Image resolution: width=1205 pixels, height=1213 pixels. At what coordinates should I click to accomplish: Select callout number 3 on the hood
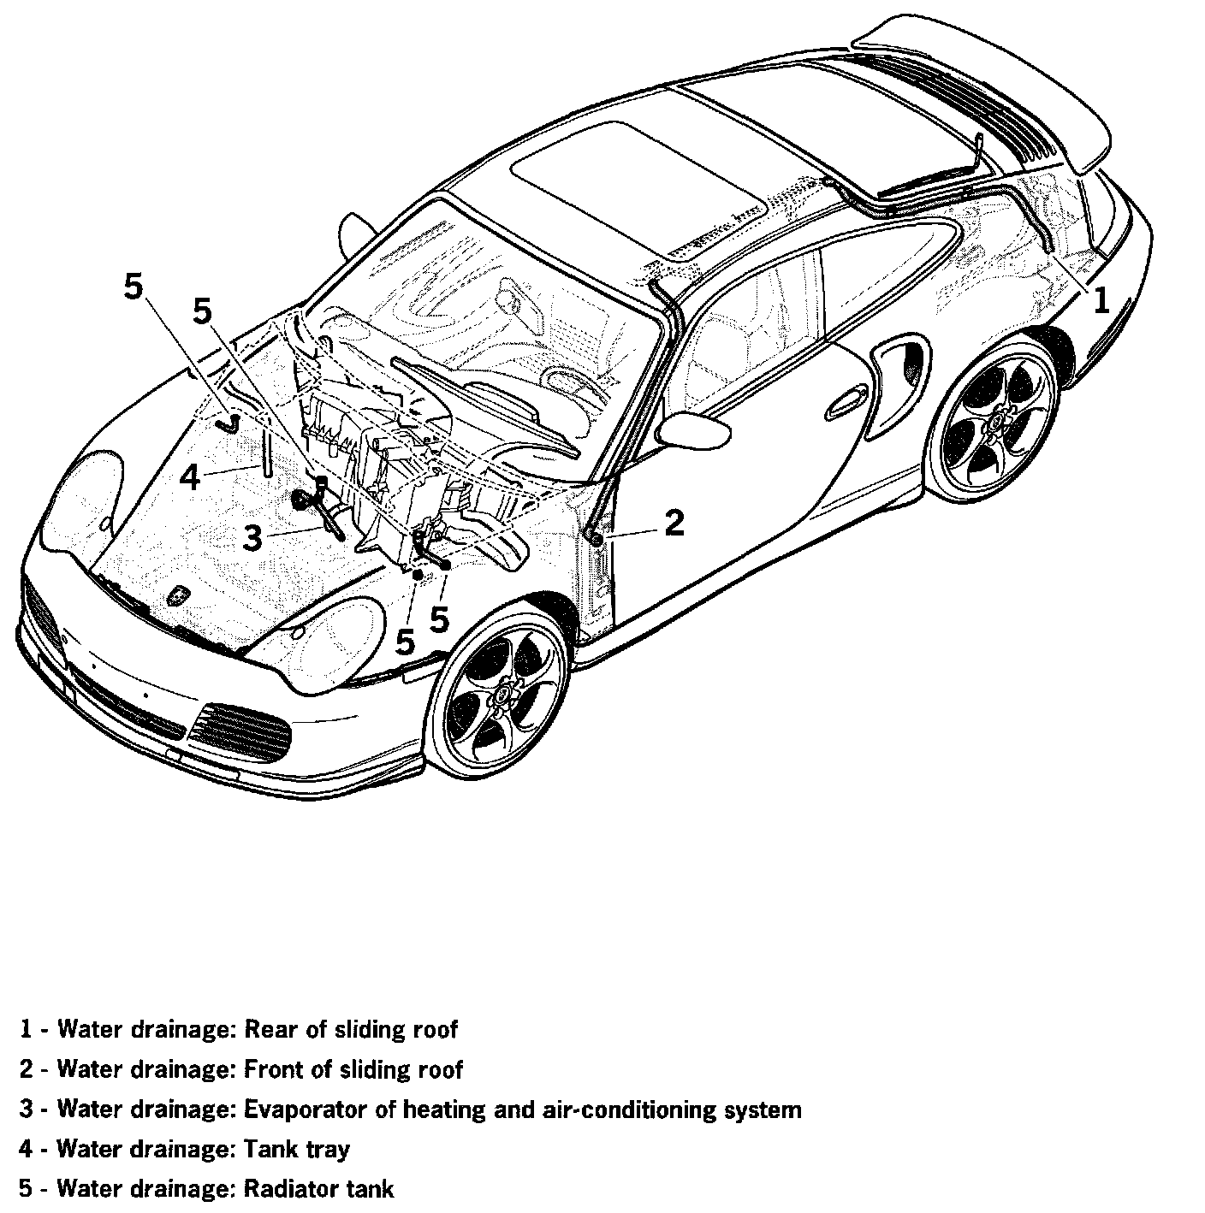point(252,538)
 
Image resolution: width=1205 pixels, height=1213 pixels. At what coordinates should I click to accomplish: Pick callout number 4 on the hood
point(189,476)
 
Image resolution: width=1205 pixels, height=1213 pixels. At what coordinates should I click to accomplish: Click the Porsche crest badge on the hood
point(179,595)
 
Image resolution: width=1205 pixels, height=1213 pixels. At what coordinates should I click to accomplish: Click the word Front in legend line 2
point(273,1069)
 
